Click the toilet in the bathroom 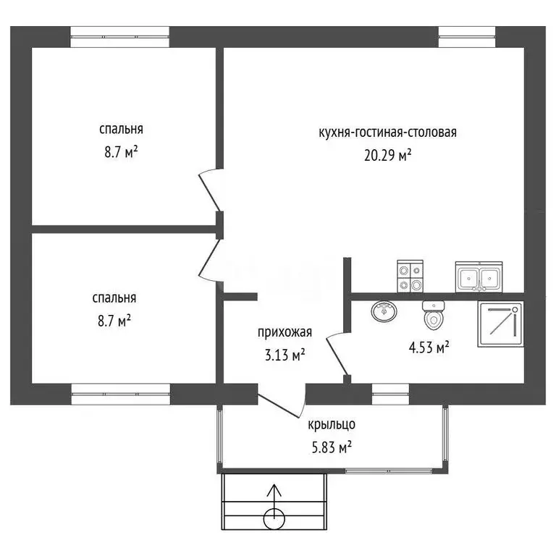pyautogui.click(x=434, y=315)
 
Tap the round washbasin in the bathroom pyautogui.click(x=384, y=312)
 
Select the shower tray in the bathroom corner pyautogui.click(x=500, y=324)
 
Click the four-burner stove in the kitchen pyautogui.click(x=410, y=277)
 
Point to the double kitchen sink pyautogui.click(x=479, y=277)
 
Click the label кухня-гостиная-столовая pyautogui.click(x=387, y=132)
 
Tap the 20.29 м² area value pyautogui.click(x=387, y=155)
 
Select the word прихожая pyautogui.click(x=285, y=332)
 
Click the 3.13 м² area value pyautogui.click(x=285, y=355)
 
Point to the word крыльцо pyautogui.click(x=332, y=424)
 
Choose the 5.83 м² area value pyautogui.click(x=332, y=447)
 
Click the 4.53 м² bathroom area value pyautogui.click(x=429, y=347)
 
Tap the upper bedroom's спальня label pyautogui.click(x=122, y=129)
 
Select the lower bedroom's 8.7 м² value pyautogui.click(x=114, y=321)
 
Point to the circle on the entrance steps pyautogui.click(x=274, y=519)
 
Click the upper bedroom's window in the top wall pyautogui.click(x=120, y=37)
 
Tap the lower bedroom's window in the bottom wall pyautogui.click(x=121, y=394)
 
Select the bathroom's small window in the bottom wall pyautogui.click(x=390, y=394)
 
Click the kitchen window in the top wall pyautogui.click(x=467, y=37)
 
